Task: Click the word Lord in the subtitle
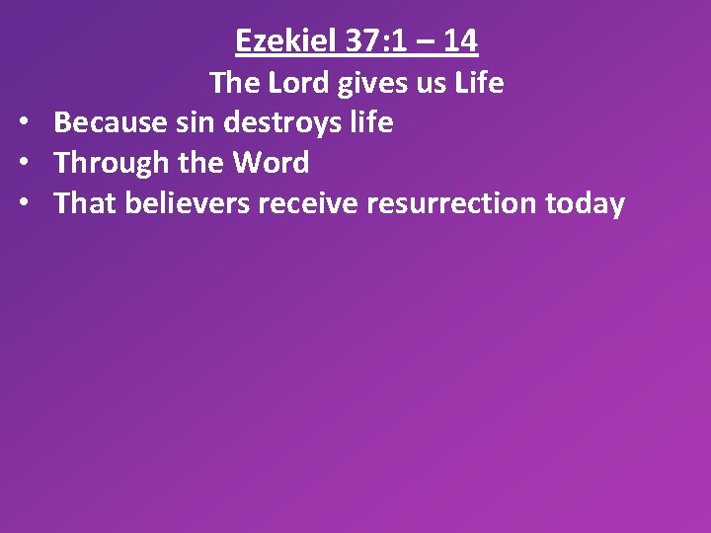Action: [x=297, y=83]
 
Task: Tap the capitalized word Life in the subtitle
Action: [x=479, y=83]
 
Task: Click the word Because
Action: [x=110, y=122]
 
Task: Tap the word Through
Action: [x=108, y=163]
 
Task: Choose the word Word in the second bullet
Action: [x=271, y=163]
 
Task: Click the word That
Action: [x=85, y=203]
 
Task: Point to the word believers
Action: [x=181, y=203]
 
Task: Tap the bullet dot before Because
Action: [x=22, y=123]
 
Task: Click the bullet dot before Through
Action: [x=22, y=164]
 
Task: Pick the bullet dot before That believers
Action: [x=22, y=204]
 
